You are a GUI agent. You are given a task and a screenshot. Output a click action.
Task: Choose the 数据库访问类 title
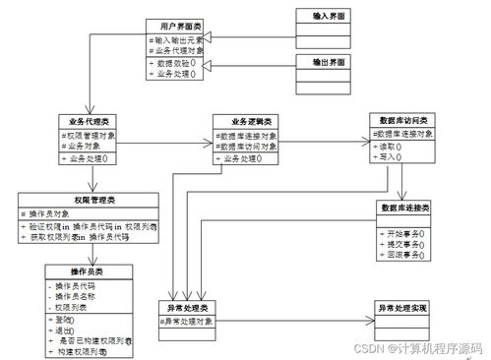tap(404, 118)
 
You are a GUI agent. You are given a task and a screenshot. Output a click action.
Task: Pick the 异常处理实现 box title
tap(405, 308)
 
